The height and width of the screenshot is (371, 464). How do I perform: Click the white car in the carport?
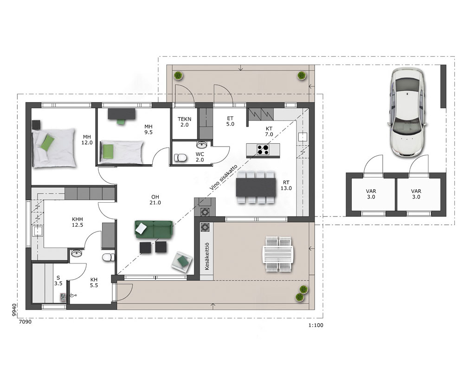click(x=408, y=112)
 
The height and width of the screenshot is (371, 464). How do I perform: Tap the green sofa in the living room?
click(x=154, y=229)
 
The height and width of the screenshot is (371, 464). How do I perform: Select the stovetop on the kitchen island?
click(x=263, y=150)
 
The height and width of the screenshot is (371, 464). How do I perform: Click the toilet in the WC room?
click(x=180, y=158)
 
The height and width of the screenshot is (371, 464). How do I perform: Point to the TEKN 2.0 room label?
click(x=184, y=122)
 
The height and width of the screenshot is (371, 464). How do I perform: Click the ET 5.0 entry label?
click(x=230, y=122)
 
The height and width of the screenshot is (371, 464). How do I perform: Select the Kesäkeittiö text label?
click(x=207, y=256)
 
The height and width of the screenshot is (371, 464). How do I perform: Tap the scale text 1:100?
click(x=316, y=326)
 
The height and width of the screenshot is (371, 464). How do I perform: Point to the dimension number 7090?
click(x=25, y=322)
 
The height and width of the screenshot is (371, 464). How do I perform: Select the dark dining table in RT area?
click(x=256, y=187)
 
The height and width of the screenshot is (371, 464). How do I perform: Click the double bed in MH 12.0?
click(x=54, y=148)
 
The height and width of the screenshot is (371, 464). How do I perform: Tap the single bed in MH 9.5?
click(x=121, y=152)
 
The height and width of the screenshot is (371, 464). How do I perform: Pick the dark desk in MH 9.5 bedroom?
click(x=122, y=114)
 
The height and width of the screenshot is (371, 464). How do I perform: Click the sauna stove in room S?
click(x=63, y=297)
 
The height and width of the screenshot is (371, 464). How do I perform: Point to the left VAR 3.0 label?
click(x=371, y=194)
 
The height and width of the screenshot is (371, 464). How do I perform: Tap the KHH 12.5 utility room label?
click(x=77, y=222)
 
